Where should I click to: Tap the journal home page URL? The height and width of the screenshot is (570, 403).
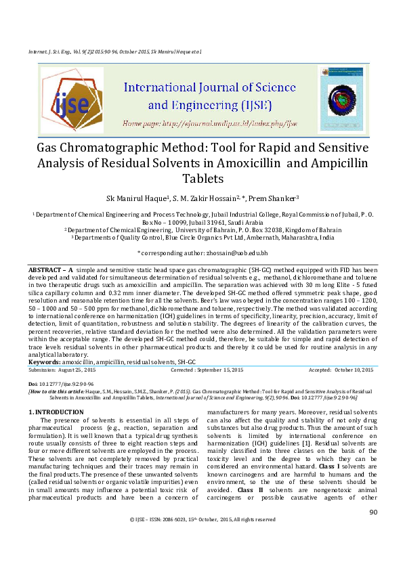(x=209, y=124)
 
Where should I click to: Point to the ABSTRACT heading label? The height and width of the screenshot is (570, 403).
(x=46, y=269)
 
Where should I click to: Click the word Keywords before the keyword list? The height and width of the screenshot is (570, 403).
(x=44, y=363)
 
